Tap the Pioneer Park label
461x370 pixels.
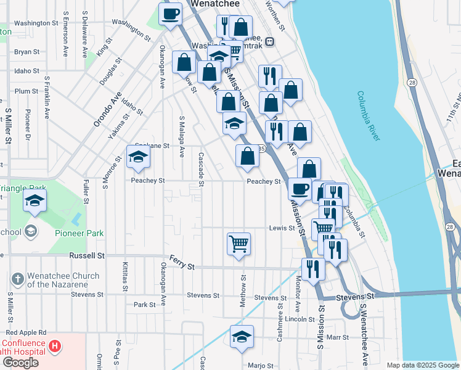point(79,233)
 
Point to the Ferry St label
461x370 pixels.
point(182,266)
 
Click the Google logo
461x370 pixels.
point(20,363)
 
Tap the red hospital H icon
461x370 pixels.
point(55,346)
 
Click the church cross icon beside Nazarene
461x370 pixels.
point(18,279)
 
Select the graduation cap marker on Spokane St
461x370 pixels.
point(138,158)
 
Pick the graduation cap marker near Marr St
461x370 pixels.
point(242,337)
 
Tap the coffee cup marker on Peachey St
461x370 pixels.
point(300,188)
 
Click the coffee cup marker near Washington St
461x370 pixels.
point(170,14)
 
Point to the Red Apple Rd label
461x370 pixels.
point(25,332)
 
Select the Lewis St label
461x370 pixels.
point(282,228)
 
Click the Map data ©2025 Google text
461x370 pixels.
point(422,365)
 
